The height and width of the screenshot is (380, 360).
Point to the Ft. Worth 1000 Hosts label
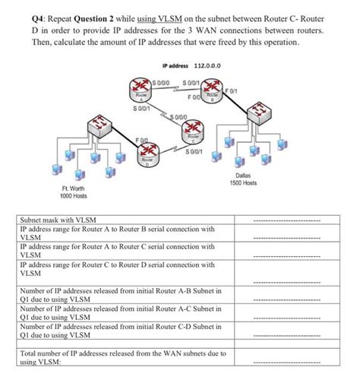coord(74,193)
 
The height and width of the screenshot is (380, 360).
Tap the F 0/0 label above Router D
coord(142,139)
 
